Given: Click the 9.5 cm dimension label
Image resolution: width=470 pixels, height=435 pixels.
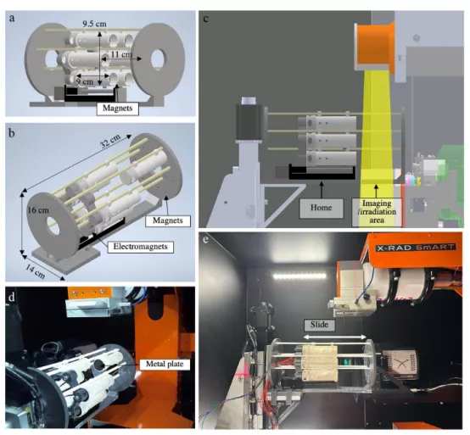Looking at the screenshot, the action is point(94,24).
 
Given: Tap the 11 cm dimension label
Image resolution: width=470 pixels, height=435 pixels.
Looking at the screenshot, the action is point(121,54).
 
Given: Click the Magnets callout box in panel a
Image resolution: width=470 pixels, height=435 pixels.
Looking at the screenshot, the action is point(117,109).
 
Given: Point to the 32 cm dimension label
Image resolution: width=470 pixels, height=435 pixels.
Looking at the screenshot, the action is point(110,141).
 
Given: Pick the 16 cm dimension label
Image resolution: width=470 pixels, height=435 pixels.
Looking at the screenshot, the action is point(38,210).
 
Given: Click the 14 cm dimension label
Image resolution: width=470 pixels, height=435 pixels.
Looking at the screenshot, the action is point(36,271).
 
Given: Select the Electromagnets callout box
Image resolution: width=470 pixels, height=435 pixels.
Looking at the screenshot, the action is point(140,247).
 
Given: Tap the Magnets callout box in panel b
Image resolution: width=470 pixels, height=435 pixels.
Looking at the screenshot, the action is point(168,220).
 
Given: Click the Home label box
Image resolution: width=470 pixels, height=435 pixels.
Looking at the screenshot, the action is point(321,208).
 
